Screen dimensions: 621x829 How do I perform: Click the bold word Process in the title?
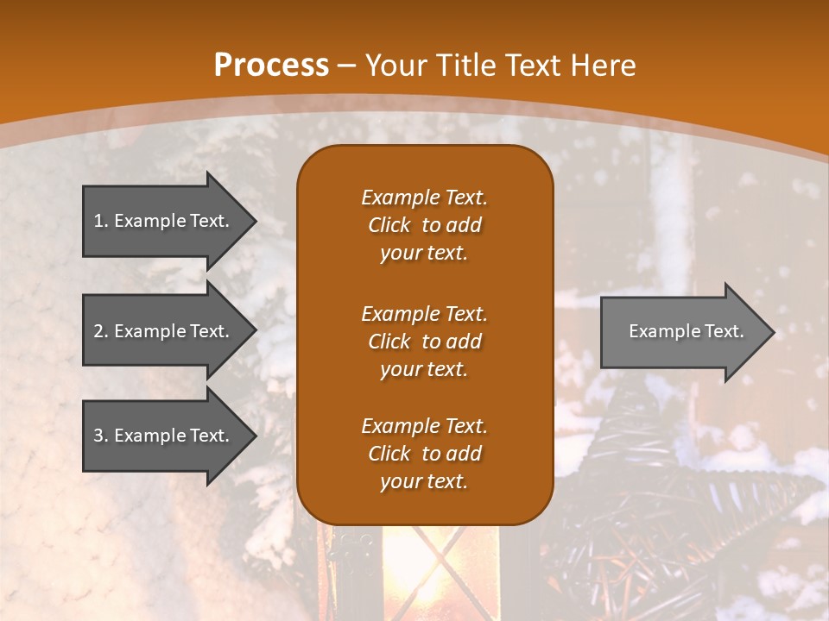(x=271, y=66)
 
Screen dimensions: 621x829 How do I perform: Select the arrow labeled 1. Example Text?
(x=164, y=221)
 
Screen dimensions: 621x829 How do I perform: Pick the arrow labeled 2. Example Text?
(x=164, y=331)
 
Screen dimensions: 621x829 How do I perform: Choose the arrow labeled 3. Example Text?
(x=164, y=436)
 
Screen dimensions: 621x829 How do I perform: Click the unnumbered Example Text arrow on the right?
(x=682, y=331)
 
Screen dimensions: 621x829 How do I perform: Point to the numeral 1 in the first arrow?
(x=98, y=221)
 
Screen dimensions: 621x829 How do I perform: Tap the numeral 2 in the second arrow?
(x=98, y=331)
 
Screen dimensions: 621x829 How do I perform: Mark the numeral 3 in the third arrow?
(x=98, y=436)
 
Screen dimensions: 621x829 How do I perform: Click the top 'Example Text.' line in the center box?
(x=424, y=198)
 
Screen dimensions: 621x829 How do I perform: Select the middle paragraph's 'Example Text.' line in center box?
(x=424, y=313)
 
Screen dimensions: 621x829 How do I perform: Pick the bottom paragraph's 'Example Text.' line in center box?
(x=424, y=426)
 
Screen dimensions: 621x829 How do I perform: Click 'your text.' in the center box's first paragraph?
(x=424, y=254)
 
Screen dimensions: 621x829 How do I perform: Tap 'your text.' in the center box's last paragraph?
(x=424, y=482)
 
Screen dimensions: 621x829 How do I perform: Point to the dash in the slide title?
(x=347, y=66)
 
